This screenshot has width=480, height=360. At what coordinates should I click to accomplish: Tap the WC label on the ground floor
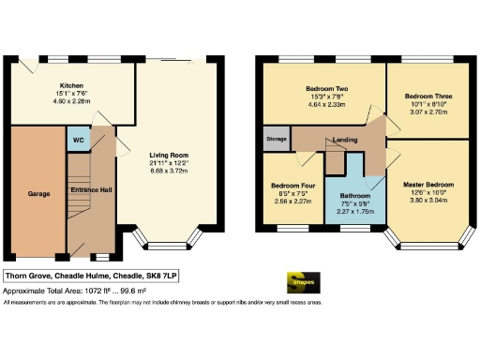pyautogui.click(x=76, y=143)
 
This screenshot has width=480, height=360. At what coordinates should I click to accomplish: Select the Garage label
pyautogui.click(x=38, y=194)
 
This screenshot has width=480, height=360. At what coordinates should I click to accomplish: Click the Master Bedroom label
pyautogui.click(x=427, y=184)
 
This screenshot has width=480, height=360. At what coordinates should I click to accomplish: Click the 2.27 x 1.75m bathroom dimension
pyautogui.click(x=348, y=212)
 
